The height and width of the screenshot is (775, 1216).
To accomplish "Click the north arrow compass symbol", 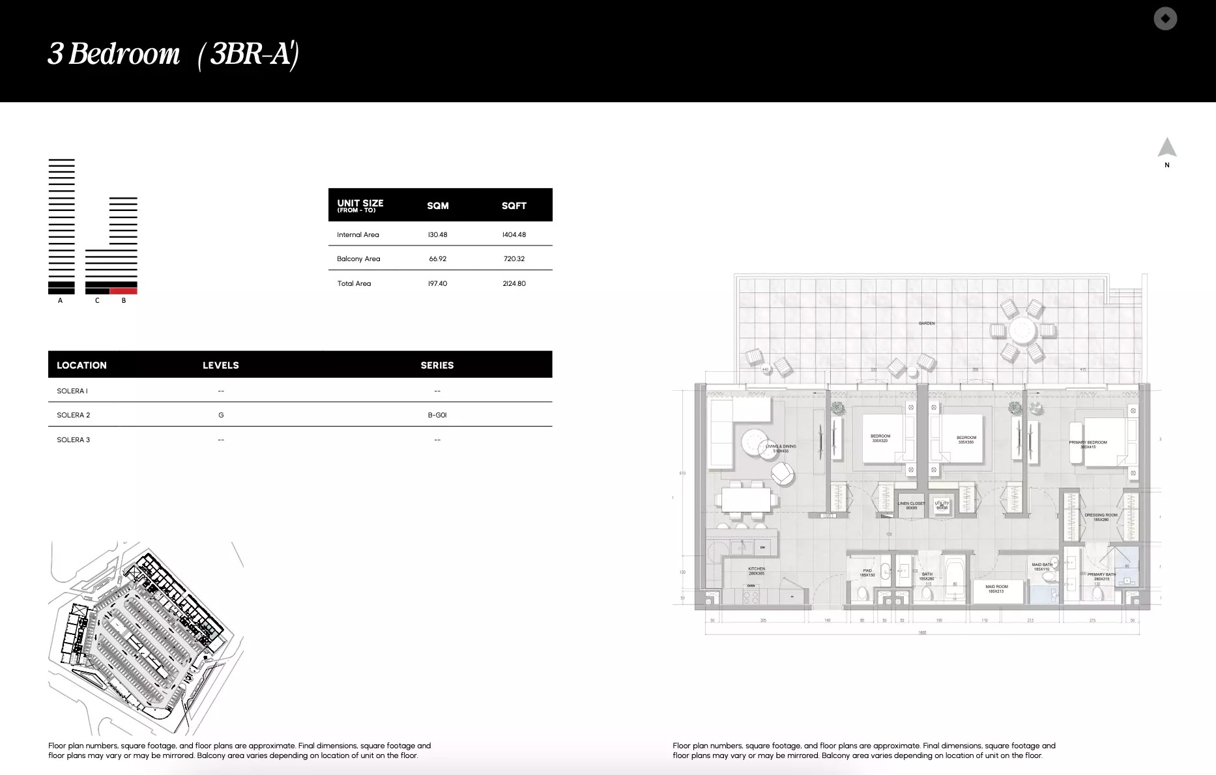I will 1166,148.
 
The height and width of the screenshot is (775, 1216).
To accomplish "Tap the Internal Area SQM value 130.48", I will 438,234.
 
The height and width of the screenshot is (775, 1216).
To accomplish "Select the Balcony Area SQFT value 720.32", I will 514,259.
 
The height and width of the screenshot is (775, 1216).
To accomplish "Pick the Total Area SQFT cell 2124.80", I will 514,283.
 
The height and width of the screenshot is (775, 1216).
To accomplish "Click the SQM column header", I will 438,206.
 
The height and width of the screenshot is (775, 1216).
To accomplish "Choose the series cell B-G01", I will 437,415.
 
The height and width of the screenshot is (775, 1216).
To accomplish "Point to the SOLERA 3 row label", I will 73,440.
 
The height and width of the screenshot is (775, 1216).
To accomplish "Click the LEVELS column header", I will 220,365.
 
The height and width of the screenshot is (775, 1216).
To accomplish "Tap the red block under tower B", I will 123,290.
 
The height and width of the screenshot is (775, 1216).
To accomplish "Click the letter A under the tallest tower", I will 61,301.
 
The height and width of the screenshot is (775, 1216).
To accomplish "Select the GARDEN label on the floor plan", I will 926,323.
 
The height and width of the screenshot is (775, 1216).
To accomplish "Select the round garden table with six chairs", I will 1021,331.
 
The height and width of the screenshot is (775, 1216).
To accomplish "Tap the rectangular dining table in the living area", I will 746,500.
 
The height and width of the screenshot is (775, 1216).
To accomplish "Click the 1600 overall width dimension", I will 921,632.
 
